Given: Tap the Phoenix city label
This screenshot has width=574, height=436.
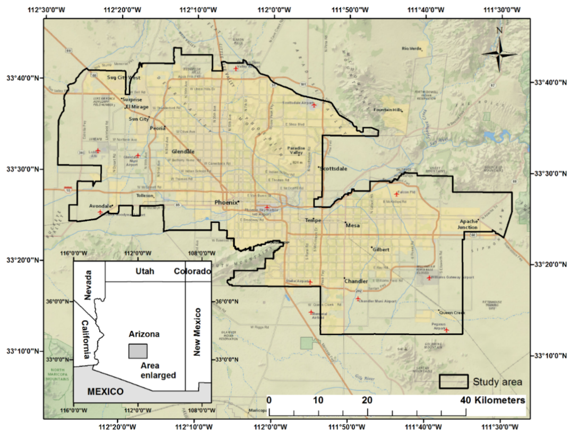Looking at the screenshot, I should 226,202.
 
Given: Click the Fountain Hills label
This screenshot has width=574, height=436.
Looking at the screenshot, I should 387,110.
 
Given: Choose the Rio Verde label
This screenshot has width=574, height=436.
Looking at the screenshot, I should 411,49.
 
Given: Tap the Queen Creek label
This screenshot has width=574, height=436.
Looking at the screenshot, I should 452,313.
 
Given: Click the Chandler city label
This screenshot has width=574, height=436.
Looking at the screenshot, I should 356,281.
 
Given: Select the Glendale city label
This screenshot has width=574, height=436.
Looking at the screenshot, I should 183,152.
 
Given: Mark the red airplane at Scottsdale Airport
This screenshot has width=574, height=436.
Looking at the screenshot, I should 314,105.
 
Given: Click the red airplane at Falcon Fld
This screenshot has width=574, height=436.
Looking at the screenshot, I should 396,194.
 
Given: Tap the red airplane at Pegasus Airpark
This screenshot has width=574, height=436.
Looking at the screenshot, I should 446,330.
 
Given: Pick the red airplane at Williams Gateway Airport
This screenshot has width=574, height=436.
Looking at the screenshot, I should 429,278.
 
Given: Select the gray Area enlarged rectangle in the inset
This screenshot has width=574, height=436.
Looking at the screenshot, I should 138,351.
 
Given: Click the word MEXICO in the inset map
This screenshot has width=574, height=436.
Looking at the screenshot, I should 105,391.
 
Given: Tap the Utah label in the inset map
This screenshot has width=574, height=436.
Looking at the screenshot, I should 145,271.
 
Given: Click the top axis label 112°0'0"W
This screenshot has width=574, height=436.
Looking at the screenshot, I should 274,10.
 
